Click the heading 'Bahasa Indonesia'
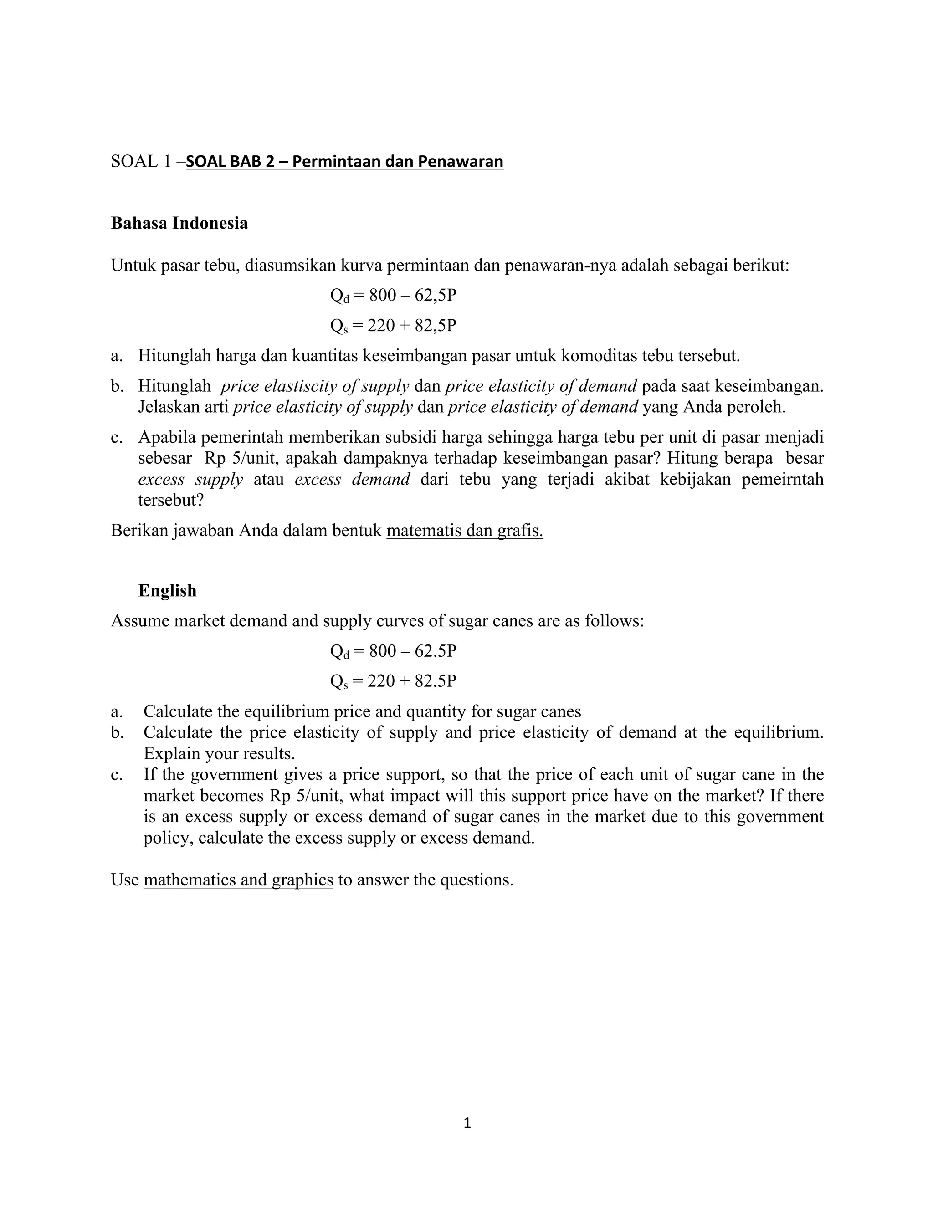point(179,223)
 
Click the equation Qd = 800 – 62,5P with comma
point(393,296)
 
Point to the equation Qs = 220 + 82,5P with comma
point(393,326)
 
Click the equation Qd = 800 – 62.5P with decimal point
point(393,651)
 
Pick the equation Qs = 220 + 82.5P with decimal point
point(393,681)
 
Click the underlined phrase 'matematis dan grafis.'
point(464,531)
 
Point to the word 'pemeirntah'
point(782,479)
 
